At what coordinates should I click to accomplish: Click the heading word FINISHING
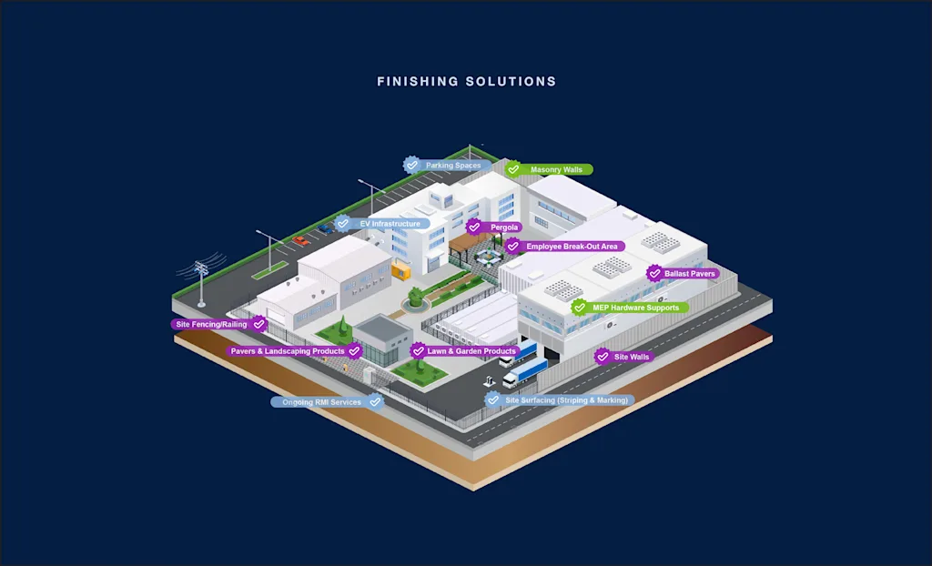tap(417, 82)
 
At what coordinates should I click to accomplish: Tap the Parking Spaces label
tap(452, 166)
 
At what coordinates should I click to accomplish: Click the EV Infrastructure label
tap(390, 224)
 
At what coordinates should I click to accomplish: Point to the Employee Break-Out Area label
tap(572, 247)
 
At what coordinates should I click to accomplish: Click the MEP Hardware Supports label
tap(635, 308)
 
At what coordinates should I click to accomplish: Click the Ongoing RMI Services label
tap(320, 402)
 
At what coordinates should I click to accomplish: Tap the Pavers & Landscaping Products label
tap(287, 351)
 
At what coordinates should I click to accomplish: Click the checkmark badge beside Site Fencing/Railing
tap(259, 324)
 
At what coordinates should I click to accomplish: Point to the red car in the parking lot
tap(300, 241)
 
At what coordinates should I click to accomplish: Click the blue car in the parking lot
tap(326, 228)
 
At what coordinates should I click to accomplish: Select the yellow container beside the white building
tap(399, 269)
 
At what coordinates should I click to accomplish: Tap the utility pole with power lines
tap(201, 281)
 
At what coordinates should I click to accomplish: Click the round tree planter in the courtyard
tap(415, 297)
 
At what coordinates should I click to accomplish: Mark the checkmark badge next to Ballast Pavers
tap(654, 273)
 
